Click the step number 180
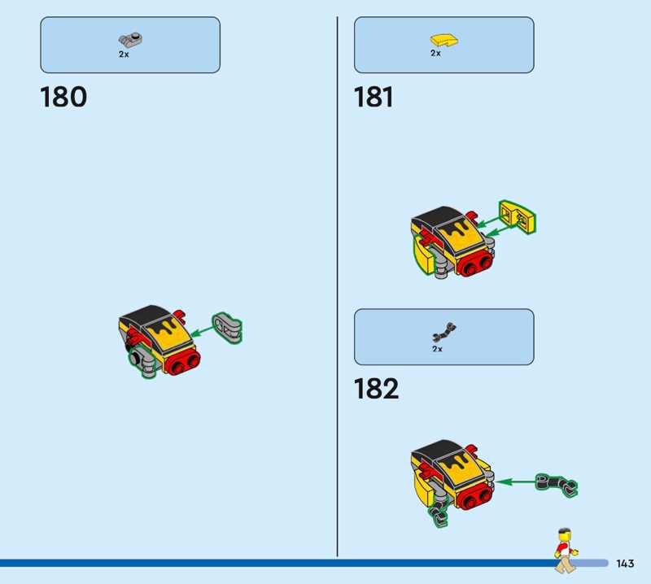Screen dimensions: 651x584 coord(63,97)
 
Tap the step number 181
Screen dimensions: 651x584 coord(374,97)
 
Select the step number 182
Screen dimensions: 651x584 coord(376,389)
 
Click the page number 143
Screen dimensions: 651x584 coord(625,563)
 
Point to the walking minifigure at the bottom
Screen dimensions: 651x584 coord(566,551)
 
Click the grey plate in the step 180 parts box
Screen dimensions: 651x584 coord(130,40)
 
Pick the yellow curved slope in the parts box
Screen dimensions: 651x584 coord(443,40)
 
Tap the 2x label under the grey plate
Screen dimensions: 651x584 coord(124,54)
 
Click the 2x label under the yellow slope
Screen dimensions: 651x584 coord(435,53)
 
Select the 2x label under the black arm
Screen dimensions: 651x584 coord(437,349)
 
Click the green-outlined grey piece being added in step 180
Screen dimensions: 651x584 coord(227,328)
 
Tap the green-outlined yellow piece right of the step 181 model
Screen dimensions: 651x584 coord(518,217)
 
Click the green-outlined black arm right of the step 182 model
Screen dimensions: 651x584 coord(556,485)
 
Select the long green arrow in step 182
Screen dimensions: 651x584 coord(515,482)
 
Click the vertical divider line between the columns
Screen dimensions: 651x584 coord(337,286)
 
